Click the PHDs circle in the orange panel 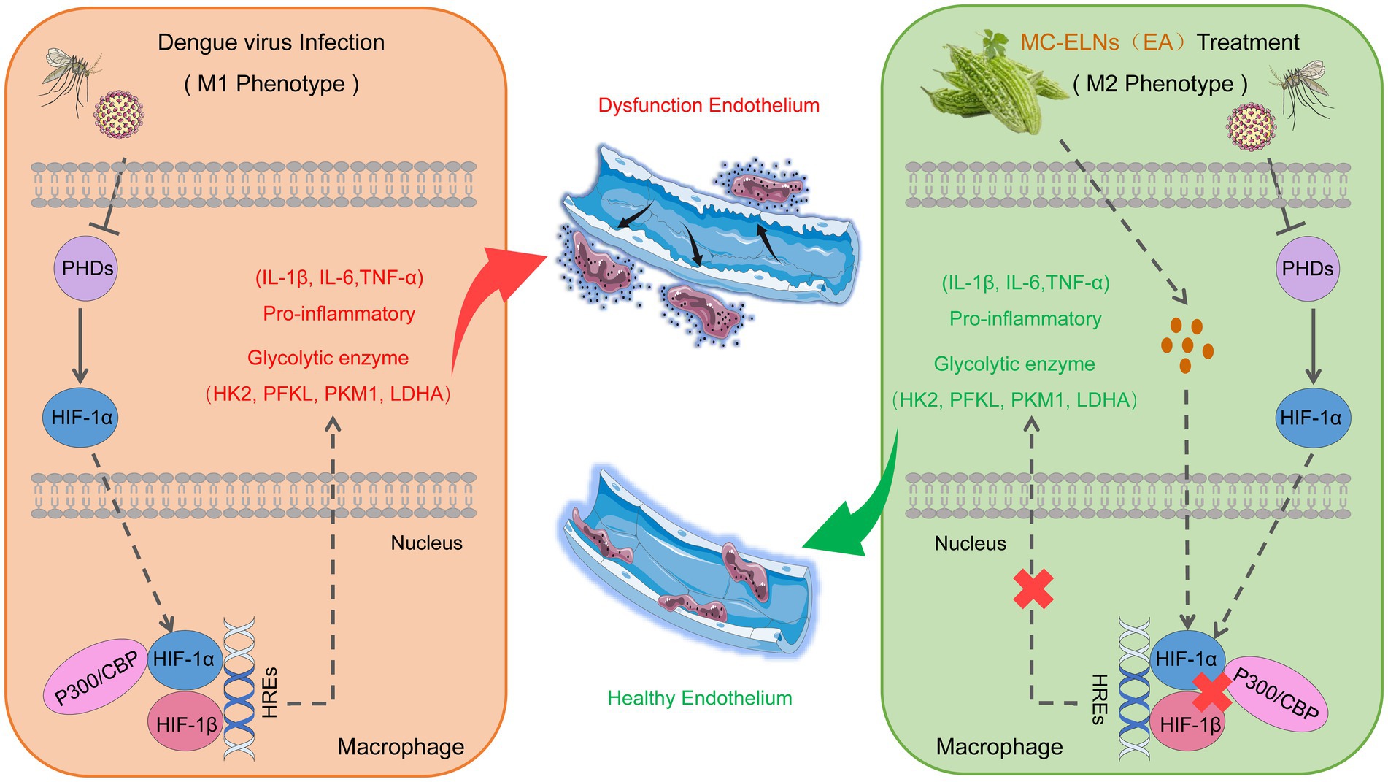85,269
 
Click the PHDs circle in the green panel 1308,269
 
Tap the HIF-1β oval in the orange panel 187,724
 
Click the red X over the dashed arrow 1033,589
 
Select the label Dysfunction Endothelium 709,105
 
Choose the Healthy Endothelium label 700,698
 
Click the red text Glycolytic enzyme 328,358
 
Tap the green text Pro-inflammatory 1025,318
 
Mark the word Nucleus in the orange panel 426,543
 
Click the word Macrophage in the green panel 999,746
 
